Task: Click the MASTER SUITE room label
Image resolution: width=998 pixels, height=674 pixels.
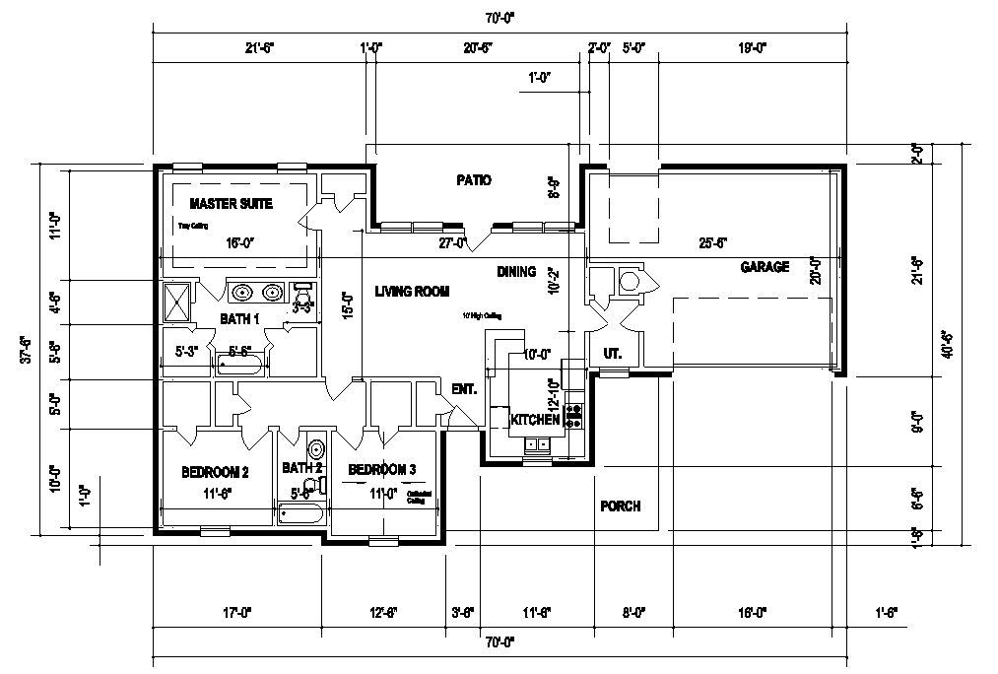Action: [x=231, y=204]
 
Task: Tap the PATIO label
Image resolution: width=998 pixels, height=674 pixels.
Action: [x=473, y=180]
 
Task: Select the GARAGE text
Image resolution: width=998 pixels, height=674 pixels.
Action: [x=765, y=267]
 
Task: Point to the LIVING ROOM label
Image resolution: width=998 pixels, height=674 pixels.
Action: [x=412, y=292]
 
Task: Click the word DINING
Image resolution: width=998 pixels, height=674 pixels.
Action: [x=516, y=272]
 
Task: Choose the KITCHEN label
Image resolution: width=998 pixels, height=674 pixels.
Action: [x=535, y=420]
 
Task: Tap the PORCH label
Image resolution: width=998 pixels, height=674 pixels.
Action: [x=620, y=506]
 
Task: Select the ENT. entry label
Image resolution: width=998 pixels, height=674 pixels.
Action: [x=464, y=389]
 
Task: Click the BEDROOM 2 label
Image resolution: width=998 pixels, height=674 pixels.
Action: [x=215, y=473]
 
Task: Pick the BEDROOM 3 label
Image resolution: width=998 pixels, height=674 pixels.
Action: [x=381, y=468]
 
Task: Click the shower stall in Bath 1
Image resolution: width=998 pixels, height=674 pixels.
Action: [x=178, y=302]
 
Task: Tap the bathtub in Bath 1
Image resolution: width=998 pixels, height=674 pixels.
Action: [x=240, y=366]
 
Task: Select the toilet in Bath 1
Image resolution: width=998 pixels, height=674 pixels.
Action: [x=302, y=294]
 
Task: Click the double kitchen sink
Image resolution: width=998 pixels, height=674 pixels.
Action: [x=538, y=444]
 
